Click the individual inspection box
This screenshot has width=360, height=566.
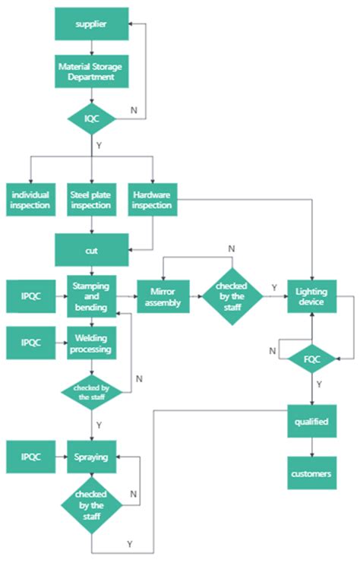tap(30, 199)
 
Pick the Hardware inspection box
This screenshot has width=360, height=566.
tap(152, 199)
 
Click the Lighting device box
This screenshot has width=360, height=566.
tap(311, 296)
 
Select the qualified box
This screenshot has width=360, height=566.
tap(311, 422)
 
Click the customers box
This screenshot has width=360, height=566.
tap(311, 473)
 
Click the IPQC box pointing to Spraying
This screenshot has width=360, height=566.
tap(30, 458)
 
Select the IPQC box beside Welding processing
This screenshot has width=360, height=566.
tap(30, 343)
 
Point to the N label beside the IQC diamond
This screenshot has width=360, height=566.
tap(134, 110)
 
